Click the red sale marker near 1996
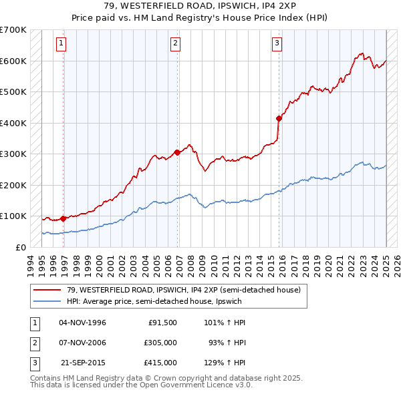tap(63, 218)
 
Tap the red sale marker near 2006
tap(178, 152)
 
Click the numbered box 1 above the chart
tap(61, 44)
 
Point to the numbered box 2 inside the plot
tap(175, 44)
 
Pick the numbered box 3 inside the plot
tap(277, 44)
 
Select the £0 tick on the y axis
tap(21, 247)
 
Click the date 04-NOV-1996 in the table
tap(83, 323)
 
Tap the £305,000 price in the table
tap(160, 343)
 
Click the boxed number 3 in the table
tap(33, 363)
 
